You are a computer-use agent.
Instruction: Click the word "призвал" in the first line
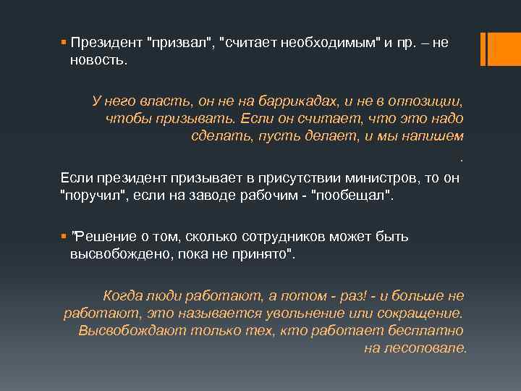tap(177, 43)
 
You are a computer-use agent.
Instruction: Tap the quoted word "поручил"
tap(92, 195)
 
